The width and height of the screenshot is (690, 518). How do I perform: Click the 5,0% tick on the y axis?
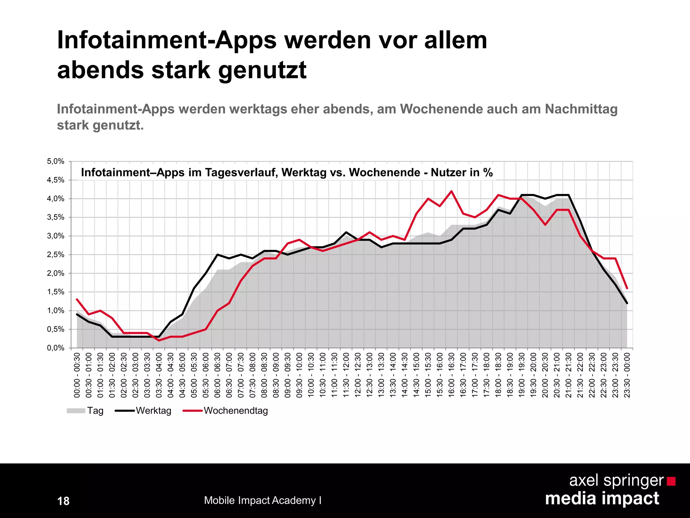(x=56, y=162)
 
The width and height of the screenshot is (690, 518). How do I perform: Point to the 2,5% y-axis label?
(x=56, y=255)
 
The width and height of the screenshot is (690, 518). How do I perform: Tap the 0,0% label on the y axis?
(x=56, y=348)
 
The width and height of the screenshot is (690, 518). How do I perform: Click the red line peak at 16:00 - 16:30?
(x=451, y=191)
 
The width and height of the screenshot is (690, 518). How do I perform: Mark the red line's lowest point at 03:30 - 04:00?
(x=159, y=340)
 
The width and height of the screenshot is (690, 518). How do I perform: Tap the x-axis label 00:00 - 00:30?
(x=77, y=375)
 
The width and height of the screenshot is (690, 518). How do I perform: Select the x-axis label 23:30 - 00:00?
(x=627, y=375)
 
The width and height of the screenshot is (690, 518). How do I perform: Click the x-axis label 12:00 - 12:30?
(x=358, y=375)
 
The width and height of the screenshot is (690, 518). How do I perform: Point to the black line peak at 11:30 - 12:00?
(x=346, y=232)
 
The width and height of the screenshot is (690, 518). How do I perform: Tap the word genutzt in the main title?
(x=262, y=70)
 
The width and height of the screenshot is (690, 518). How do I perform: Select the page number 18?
(x=63, y=501)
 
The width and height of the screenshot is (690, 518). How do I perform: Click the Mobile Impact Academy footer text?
(x=262, y=500)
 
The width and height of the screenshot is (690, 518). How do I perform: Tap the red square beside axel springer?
(x=671, y=481)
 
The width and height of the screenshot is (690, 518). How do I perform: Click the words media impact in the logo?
(x=602, y=498)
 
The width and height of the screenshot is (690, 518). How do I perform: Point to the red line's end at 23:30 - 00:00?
(x=627, y=288)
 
